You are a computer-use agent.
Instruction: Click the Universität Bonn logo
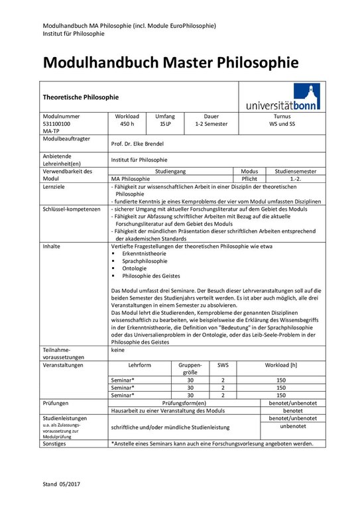(x=282, y=97)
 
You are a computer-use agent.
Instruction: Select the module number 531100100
(x=56, y=123)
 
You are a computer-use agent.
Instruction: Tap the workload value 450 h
(x=127, y=123)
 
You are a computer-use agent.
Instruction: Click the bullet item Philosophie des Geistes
(x=150, y=276)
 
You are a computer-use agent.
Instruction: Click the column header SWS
(x=222, y=365)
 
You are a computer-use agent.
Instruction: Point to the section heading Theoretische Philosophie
(x=80, y=96)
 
